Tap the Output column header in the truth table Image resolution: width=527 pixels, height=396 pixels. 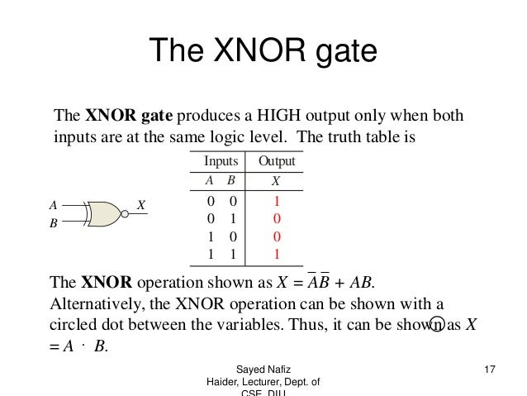[x=277, y=161]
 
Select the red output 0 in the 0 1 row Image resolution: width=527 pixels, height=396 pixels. [x=277, y=219]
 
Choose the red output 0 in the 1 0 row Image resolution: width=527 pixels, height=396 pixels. [x=277, y=236]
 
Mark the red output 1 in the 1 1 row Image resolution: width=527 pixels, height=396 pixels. [x=277, y=254]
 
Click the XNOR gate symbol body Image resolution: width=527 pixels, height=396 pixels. [x=101, y=213]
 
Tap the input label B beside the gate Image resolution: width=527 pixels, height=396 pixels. [x=53, y=222]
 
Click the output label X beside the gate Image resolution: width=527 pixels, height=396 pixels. [x=141, y=204]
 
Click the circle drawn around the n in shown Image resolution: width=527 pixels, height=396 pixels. [x=436, y=324]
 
